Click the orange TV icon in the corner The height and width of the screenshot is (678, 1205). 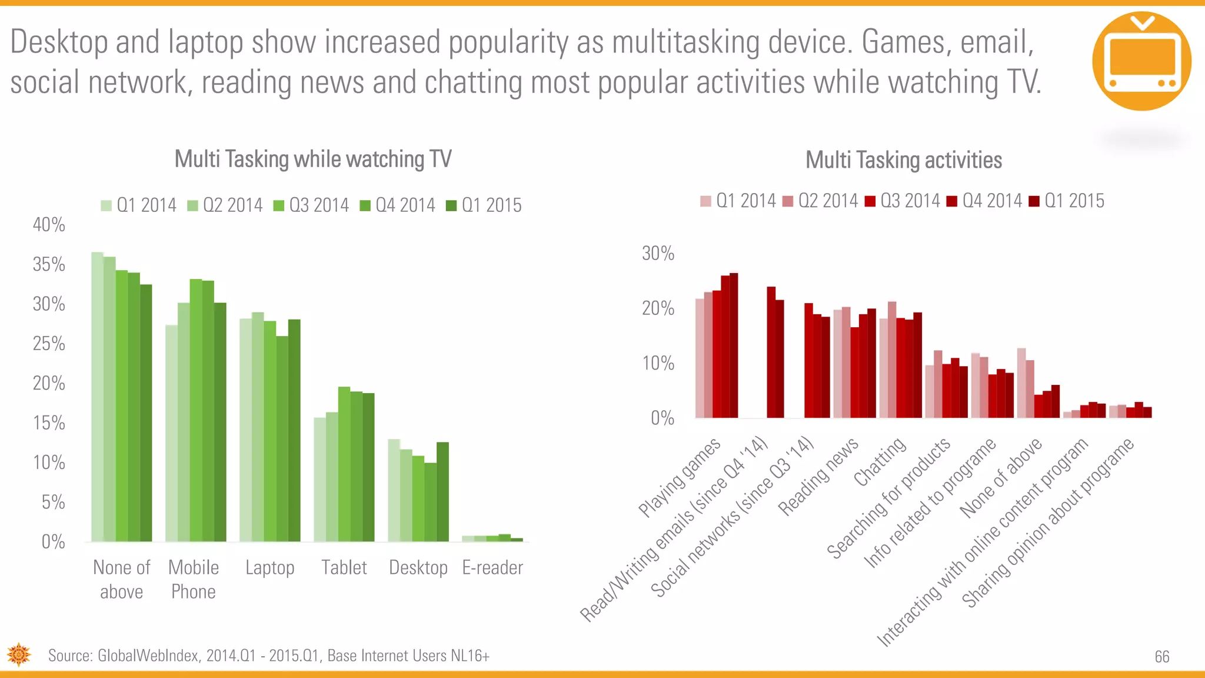(1141, 61)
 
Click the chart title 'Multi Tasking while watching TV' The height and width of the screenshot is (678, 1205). (313, 159)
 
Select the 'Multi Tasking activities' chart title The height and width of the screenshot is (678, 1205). (903, 160)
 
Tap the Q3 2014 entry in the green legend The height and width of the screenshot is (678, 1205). (311, 205)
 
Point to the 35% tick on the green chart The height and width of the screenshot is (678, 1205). (49, 264)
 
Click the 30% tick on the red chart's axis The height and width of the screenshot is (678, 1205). (657, 254)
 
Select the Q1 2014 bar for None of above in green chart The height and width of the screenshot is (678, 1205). (97, 397)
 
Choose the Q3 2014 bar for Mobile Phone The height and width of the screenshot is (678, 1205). (195, 410)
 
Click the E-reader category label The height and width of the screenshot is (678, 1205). (492, 568)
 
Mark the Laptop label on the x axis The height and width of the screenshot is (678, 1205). (269, 568)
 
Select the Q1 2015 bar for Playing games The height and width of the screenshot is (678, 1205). (734, 345)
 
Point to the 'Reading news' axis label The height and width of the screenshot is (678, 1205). (818, 477)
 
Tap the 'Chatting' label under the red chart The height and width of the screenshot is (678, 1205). (880, 462)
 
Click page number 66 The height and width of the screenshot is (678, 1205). (1161, 657)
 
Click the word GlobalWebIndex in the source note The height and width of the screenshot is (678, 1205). (148, 656)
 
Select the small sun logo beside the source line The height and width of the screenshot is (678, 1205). (19, 654)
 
